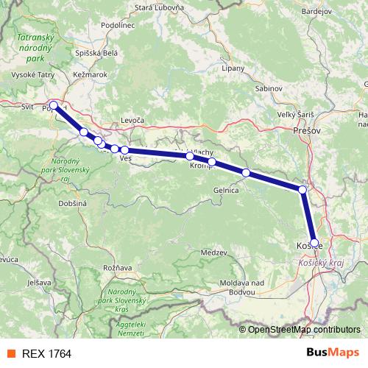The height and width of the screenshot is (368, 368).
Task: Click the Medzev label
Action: tap(214, 252)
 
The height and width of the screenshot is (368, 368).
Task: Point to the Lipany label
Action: tap(233, 68)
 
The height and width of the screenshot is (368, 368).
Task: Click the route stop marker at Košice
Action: tap(314, 242)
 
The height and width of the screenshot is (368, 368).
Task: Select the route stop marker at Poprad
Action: tap(54, 105)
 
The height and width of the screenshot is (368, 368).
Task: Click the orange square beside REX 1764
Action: tap(10, 353)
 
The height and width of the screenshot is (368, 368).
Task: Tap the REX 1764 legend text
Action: tap(47, 353)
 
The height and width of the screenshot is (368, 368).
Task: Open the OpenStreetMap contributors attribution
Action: tap(304, 329)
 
